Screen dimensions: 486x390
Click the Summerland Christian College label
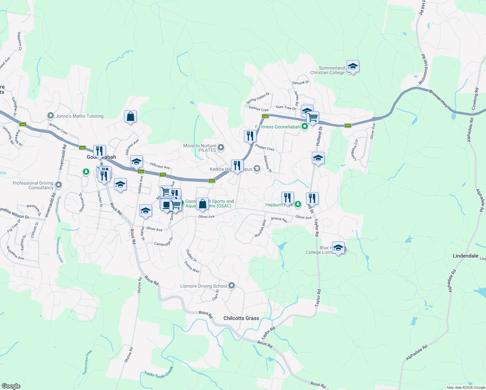pos(327,70)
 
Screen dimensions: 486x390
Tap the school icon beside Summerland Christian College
pos(352,67)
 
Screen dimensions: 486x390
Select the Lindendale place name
pos(465,256)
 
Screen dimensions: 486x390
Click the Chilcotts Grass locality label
pos(241,318)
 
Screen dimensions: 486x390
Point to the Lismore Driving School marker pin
pos(232,286)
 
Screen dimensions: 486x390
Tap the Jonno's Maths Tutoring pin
pos(50,116)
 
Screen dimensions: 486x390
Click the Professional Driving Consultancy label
pos(33,185)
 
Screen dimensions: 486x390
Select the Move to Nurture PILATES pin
pos(221,148)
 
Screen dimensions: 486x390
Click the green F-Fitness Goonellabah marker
pos(304,126)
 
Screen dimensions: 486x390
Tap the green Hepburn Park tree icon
pos(298,204)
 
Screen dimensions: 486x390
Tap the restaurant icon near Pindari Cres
pos(250,136)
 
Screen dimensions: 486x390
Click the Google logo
pos(11,386)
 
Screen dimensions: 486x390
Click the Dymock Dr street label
pos(301,83)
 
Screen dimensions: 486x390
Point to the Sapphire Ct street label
pos(19,41)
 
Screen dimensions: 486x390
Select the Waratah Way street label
pos(260,228)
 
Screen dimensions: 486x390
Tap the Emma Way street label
pos(192,267)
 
